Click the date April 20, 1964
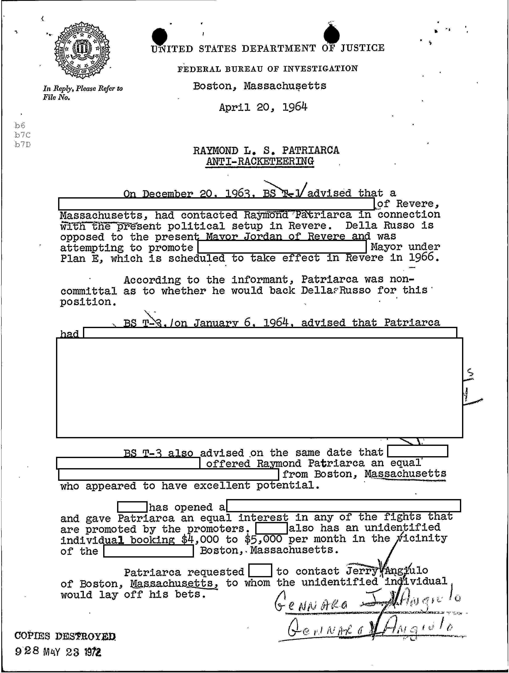(263, 107)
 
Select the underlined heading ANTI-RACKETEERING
(259, 161)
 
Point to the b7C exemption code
(23, 135)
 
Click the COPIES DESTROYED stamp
(65, 636)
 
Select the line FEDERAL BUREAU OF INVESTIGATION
(268, 69)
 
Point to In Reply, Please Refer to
(83, 89)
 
